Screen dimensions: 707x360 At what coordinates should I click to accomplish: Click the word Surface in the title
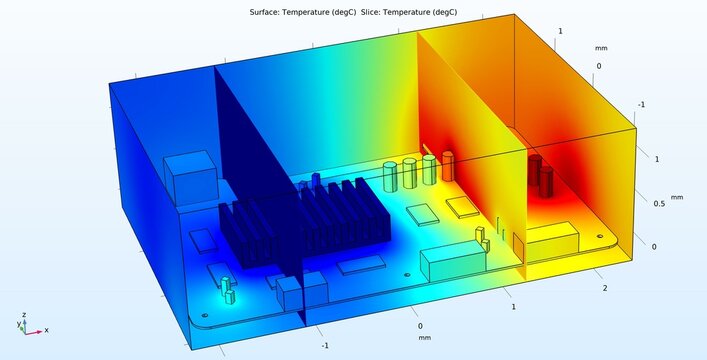[x=264, y=12]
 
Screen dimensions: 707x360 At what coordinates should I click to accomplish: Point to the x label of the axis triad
[x=46, y=330]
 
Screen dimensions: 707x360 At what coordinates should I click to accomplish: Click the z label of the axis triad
[x=24, y=314]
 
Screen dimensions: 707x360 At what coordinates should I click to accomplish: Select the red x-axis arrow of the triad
[x=34, y=333]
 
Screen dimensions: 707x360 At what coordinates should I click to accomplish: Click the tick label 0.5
[x=659, y=204]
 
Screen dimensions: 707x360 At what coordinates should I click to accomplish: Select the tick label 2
[x=605, y=289]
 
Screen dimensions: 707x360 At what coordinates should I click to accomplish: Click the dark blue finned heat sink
[x=305, y=221]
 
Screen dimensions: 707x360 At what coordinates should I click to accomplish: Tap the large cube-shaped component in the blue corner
[x=191, y=177]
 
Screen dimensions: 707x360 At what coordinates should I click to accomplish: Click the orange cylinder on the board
[x=448, y=166]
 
